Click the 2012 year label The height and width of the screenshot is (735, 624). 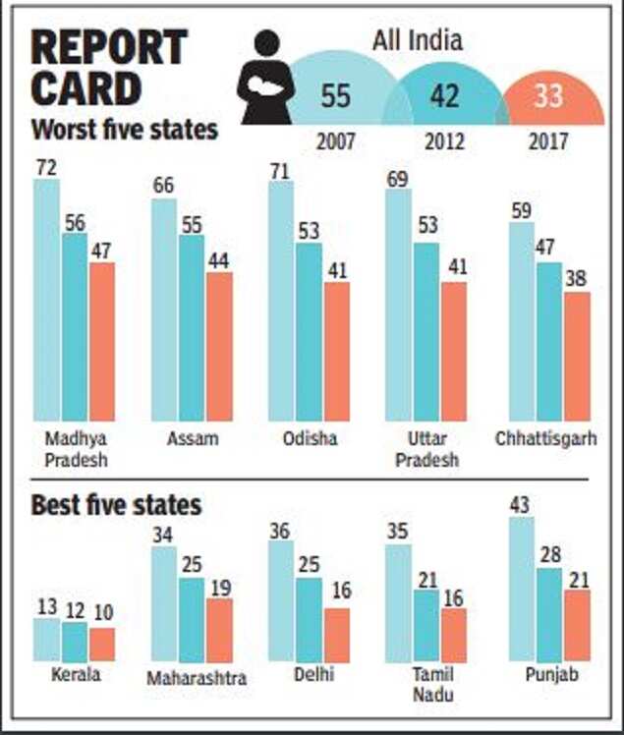[x=444, y=141]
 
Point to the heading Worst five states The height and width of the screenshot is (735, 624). [x=124, y=129]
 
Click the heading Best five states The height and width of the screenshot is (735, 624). [x=116, y=505]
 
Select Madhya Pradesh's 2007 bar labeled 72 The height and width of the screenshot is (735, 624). [x=46, y=300]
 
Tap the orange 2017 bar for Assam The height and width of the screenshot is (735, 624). [x=219, y=346]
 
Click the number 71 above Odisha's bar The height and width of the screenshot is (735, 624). [x=280, y=169]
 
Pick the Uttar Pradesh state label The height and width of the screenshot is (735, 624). [x=421, y=449]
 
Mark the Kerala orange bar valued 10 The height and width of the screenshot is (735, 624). [x=102, y=644]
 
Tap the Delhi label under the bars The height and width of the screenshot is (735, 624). [x=312, y=674]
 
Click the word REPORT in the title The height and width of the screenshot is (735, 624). [x=108, y=47]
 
